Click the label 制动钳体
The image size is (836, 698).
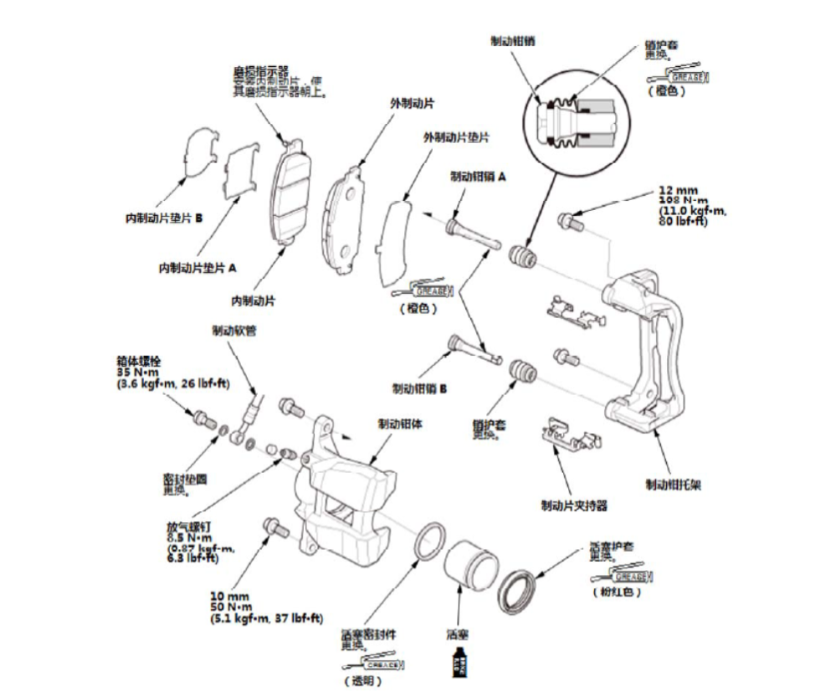click(x=400, y=424)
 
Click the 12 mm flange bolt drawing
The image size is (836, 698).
click(x=569, y=221)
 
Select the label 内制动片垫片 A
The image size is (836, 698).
click(x=197, y=269)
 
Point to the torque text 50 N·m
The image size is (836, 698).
click(x=230, y=607)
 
